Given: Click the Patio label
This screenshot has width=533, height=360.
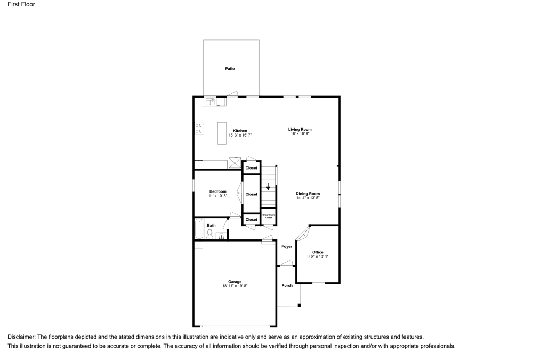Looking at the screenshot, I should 230,69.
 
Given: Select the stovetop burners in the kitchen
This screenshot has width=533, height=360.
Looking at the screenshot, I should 198,127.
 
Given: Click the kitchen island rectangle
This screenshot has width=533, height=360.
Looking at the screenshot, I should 222,133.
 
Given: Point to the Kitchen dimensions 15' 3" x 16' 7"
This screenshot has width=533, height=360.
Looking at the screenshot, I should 239,135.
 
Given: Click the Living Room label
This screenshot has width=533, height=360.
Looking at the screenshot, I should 300,129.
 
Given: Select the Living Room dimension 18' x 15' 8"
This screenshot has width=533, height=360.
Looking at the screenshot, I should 300,134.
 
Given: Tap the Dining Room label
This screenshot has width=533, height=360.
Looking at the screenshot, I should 308,193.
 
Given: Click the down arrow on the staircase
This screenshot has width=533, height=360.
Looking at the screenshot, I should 268,187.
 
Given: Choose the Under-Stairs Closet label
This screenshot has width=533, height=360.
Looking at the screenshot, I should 269,217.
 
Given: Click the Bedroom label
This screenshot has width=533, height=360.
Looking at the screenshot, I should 217,191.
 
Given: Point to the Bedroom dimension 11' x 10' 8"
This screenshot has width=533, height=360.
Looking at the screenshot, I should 217,196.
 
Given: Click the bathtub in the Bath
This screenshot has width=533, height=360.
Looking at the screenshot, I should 199,229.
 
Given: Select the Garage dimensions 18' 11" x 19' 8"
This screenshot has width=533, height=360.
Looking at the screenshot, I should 235,286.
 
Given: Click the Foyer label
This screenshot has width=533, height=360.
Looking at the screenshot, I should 286,246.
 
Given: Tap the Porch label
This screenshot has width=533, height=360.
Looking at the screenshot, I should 287,285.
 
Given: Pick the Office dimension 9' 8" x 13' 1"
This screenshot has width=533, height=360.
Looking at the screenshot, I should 318,257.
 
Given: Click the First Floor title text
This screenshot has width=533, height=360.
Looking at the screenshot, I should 18,4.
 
